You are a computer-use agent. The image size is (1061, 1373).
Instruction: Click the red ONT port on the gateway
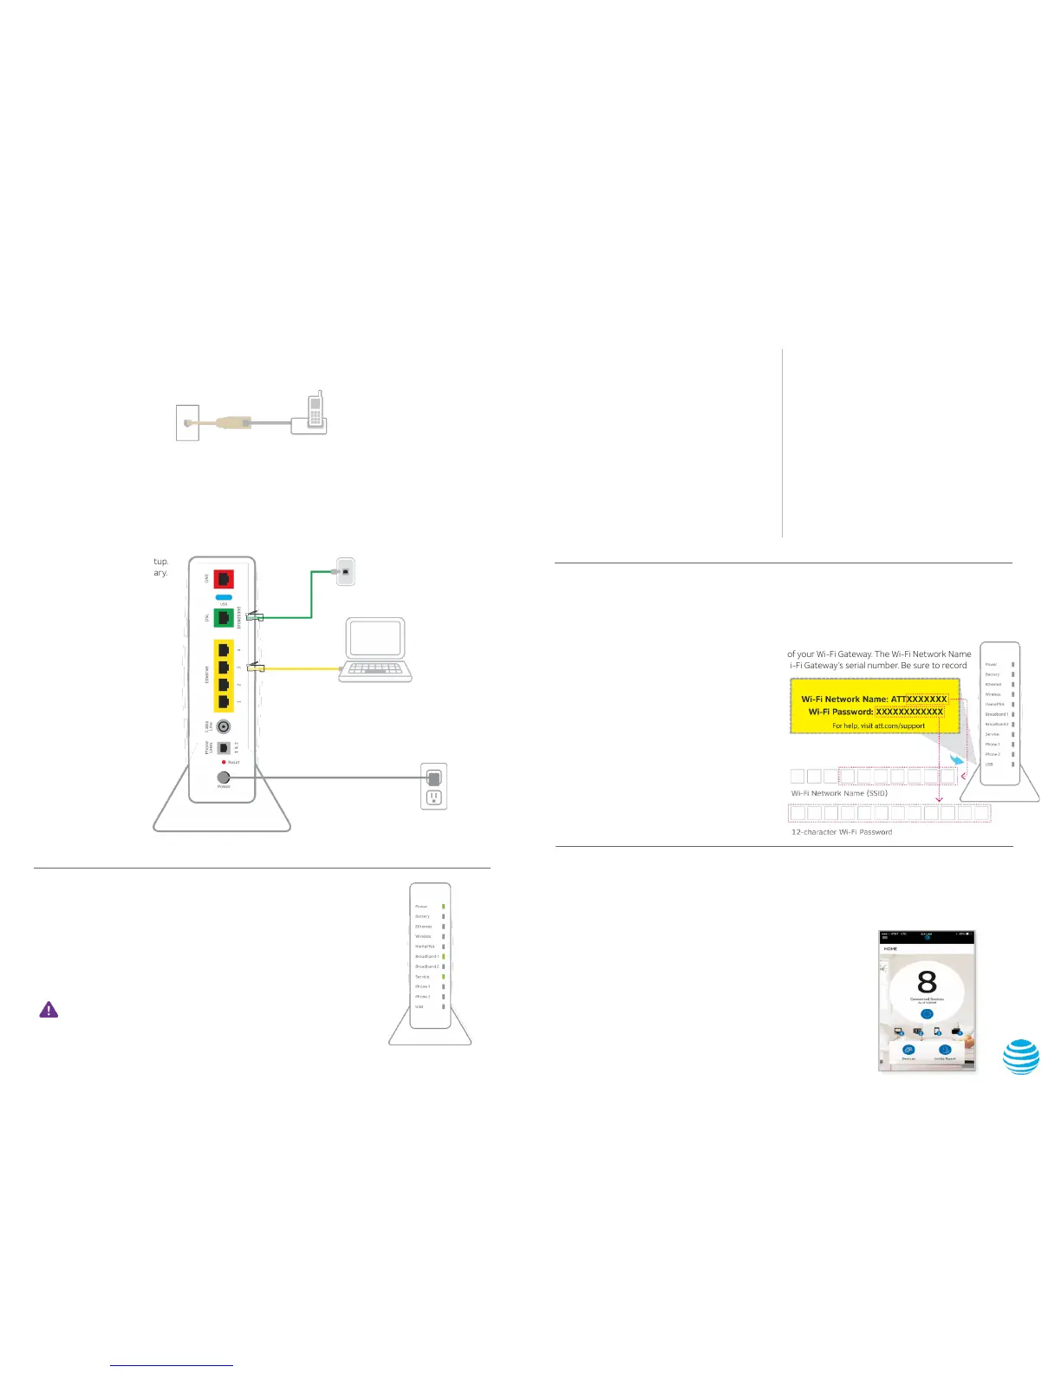224,578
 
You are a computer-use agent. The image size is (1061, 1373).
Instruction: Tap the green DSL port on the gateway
224,618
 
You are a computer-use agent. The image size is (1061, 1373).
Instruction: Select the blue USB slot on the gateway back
224,597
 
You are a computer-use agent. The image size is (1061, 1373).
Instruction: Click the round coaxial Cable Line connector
224,726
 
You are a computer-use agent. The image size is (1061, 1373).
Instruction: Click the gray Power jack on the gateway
224,778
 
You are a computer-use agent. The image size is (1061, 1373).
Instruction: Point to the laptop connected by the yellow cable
374,650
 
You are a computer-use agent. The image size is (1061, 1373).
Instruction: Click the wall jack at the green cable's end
345,572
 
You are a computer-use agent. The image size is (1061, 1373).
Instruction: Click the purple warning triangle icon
49,1010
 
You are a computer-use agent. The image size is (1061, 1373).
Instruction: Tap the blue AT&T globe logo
1021,1056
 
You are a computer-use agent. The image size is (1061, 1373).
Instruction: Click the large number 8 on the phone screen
927,982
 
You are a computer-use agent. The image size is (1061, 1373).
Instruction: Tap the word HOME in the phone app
890,949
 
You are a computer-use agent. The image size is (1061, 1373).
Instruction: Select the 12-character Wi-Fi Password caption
841,832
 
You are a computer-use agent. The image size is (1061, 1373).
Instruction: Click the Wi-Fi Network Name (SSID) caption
839,793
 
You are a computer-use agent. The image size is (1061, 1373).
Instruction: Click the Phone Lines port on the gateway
224,747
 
